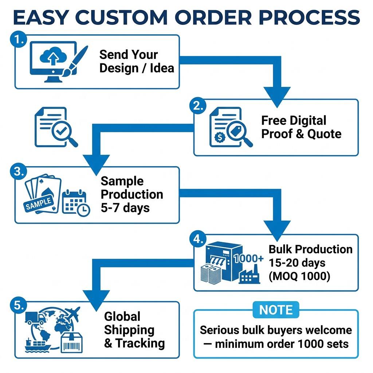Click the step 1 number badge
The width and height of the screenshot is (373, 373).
(x=18, y=39)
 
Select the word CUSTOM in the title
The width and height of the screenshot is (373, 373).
(x=122, y=17)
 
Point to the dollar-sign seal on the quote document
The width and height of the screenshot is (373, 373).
(x=220, y=137)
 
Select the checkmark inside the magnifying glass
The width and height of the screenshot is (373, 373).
(x=62, y=130)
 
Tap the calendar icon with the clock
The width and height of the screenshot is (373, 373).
(x=76, y=203)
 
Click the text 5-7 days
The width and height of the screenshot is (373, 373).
(x=125, y=208)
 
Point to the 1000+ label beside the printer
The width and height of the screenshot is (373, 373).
(x=248, y=258)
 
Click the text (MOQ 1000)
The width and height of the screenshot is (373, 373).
(x=299, y=276)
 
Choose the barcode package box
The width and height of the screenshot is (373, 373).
(x=72, y=342)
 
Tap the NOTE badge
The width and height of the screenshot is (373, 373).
(x=276, y=310)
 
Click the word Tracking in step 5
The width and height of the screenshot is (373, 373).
(x=140, y=343)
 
